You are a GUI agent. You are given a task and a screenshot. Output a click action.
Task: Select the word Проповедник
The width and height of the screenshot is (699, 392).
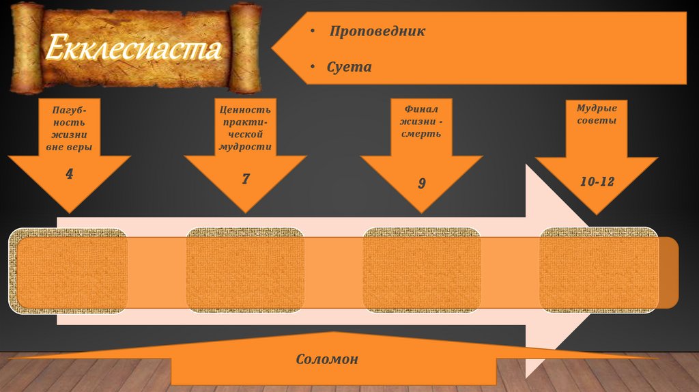[377, 31]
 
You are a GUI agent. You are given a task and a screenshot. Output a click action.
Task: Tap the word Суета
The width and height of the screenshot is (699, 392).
[349, 67]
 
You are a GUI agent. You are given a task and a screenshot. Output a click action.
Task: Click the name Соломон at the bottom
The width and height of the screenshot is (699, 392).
[327, 359]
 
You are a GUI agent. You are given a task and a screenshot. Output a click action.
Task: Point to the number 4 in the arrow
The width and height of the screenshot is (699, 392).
[69, 173]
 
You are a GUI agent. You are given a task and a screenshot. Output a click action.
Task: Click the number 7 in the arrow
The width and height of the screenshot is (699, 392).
[246, 180]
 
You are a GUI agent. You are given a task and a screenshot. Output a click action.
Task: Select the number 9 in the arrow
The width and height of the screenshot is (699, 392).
[422, 183]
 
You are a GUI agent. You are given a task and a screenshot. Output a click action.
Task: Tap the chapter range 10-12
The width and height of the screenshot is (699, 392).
[597, 181]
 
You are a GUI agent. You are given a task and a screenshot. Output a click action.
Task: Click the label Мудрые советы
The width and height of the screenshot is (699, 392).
[597, 114]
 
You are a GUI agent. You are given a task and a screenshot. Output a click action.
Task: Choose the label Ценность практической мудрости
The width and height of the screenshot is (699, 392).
[246, 128]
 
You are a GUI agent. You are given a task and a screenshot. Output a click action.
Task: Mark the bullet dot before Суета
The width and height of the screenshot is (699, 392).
[311, 68]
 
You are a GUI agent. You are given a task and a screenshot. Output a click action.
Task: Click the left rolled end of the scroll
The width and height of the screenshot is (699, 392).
[26, 48]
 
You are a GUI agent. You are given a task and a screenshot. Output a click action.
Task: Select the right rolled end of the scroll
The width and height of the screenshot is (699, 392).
[244, 48]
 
